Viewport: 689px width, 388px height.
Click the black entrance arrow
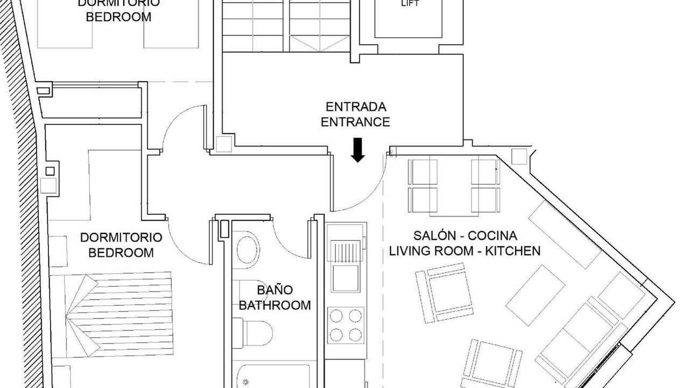pos(358,150)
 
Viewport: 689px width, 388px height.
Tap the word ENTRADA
pos(356,107)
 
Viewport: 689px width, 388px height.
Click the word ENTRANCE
pos(355,122)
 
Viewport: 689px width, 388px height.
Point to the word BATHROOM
pos(275,305)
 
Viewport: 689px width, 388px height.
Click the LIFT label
pos(410,4)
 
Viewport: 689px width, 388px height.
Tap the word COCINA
pos(493,235)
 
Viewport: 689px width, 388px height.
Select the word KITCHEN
pos(513,251)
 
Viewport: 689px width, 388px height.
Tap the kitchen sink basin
pos(346,278)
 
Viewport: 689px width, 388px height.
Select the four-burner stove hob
pos(346,325)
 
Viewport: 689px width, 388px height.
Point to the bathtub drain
pos(245,383)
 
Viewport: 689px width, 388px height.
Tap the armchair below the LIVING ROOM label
pos(445,293)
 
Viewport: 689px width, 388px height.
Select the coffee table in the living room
pos(535,295)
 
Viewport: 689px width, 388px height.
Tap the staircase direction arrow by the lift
pos(320,44)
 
